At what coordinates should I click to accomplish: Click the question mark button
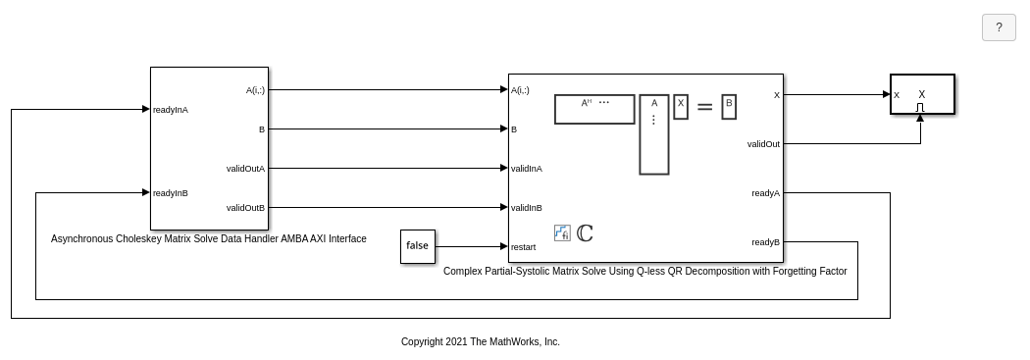[x=999, y=27]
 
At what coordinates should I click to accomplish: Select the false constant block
[x=418, y=246]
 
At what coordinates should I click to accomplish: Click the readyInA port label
[x=170, y=110]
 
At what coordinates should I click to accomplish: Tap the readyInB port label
[x=170, y=193]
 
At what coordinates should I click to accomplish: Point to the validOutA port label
[x=245, y=169]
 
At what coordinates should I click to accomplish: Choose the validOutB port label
[x=245, y=208]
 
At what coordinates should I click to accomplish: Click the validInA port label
[x=527, y=169]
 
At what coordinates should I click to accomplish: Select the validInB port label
[x=527, y=208]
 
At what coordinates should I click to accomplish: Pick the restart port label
[x=524, y=247]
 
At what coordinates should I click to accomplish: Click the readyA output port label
[x=766, y=193]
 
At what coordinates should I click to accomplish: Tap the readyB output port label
[x=766, y=242]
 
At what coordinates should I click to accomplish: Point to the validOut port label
[x=763, y=144]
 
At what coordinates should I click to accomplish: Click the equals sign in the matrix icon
[x=704, y=106]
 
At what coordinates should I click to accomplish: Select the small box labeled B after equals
[x=729, y=107]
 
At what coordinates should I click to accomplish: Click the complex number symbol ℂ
[x=585, y=233]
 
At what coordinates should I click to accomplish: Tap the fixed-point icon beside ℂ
[x=562, y=233]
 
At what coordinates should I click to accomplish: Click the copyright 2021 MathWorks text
[x=481, y=341]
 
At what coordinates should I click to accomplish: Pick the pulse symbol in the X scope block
[x=920, y=107]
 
